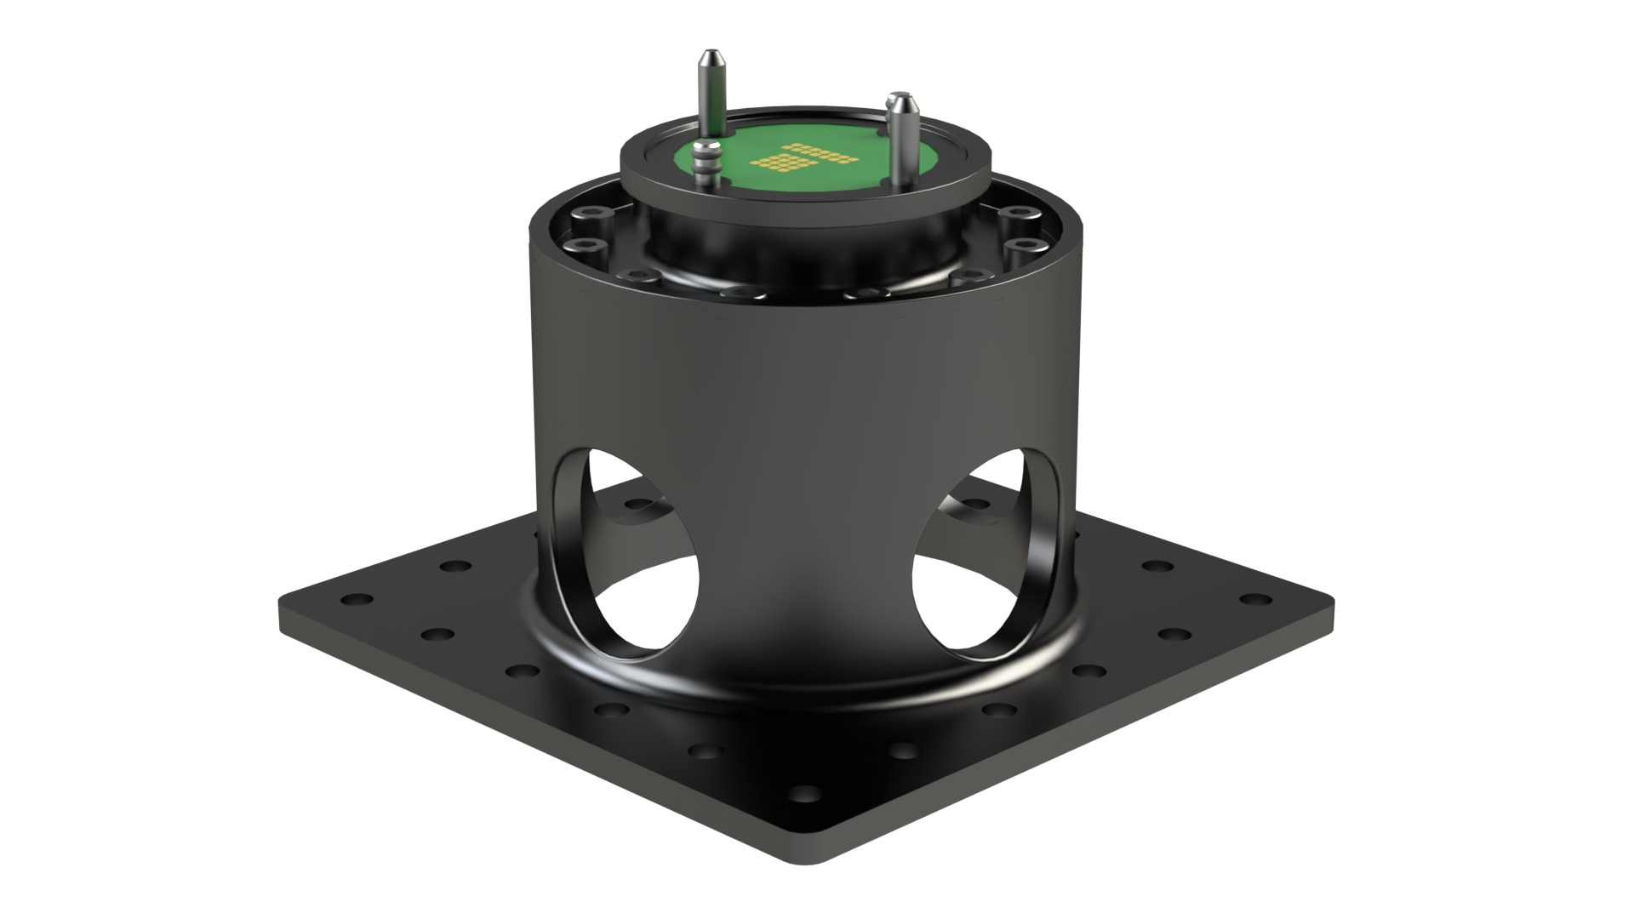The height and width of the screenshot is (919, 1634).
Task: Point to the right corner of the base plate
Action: pyautogui.click(x=1329, y=600)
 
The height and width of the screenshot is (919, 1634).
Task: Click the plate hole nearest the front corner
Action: pyautogui.click(x=801, y=796)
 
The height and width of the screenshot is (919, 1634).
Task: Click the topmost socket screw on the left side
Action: pyautogui.click(x=590, y=214)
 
